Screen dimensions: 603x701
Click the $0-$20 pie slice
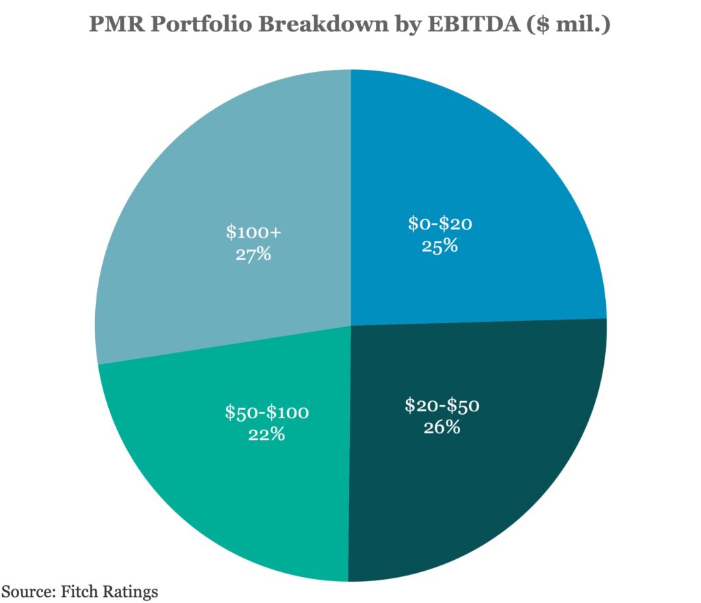(x=479, y=171)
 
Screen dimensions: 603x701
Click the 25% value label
(x=440, y=246)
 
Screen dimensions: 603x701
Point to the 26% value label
(x=442, y=428)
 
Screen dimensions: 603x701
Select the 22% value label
(x=267, y=434)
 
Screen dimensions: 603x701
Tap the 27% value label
(x=254, y=255)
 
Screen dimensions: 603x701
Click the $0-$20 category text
(x=440, y=223)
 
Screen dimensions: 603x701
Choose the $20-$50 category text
(x=442, y=405)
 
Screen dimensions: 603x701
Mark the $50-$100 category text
(x=267, y=412)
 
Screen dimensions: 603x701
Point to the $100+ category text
(x=254, y=232)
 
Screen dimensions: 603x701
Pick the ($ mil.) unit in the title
(x=568, y=25)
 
